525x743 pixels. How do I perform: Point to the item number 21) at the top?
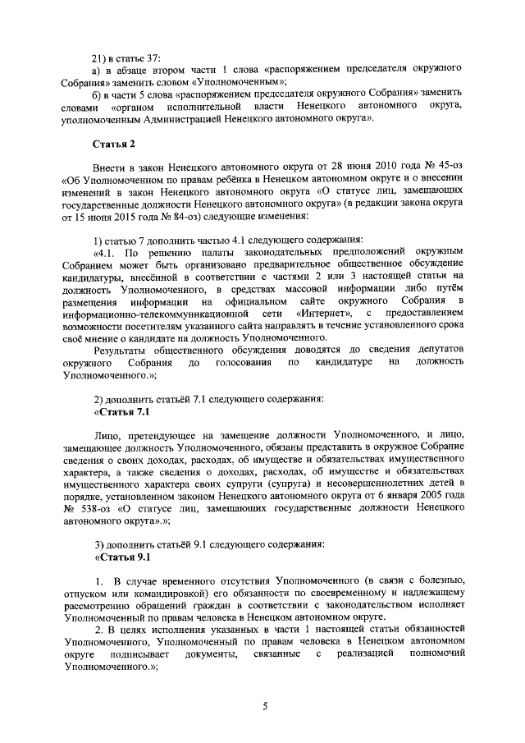coord(101,58)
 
